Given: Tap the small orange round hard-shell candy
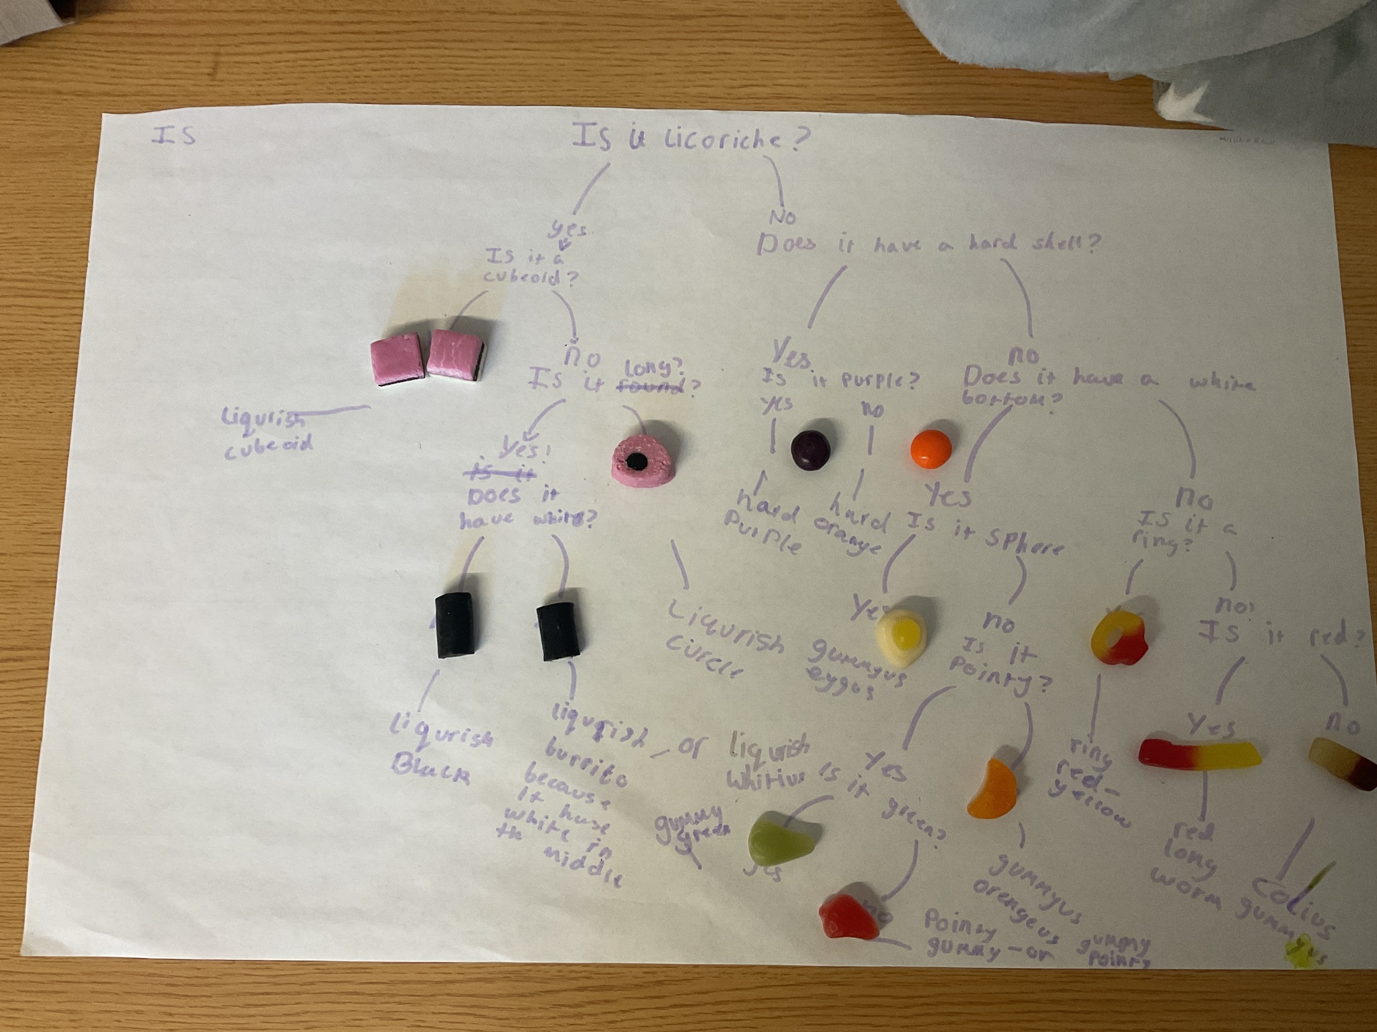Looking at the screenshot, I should pyautogui.click(x=931, y=448).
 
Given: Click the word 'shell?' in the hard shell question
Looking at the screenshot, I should pyautogui.click(x=1063, y=245).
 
